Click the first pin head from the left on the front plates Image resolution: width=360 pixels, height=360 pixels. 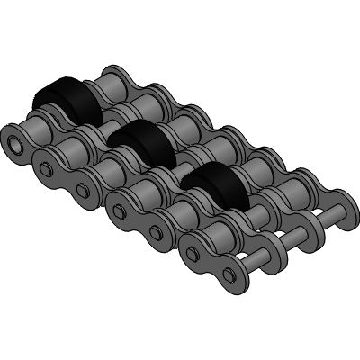coord(49,167)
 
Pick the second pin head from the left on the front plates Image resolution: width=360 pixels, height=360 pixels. coord(84,190)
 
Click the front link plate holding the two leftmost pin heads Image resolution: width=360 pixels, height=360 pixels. coord(67,177)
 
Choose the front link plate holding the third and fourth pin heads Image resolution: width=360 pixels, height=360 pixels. coord(140,221)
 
